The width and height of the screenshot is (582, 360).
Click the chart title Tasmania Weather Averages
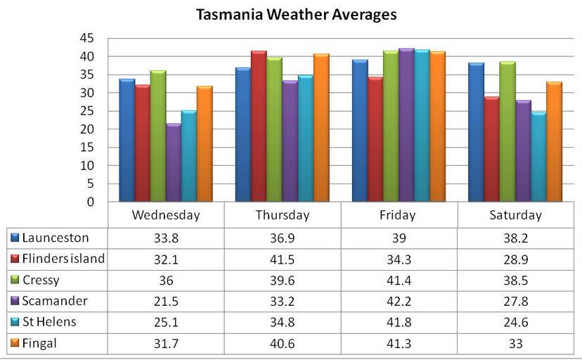click(296, 14)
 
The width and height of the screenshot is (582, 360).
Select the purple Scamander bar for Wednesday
click(173, 163)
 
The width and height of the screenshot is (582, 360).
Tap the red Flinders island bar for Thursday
click(259, 127)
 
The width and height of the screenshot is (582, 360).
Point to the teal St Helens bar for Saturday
click(538, 157)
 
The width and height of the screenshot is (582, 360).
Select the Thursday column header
click(283, 215)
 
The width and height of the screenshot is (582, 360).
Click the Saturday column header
click(515, 215)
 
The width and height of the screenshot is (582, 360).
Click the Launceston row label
click(56, 238)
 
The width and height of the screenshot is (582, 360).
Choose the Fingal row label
click(41, 343)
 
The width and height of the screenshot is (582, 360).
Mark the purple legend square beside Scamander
click(14, 301)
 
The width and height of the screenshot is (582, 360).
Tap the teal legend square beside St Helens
click(14, 322)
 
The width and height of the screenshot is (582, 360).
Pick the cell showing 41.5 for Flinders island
click(283, 259)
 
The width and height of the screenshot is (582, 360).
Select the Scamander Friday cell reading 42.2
click(399, 301)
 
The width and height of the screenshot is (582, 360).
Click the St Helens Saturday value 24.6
click(515, 322)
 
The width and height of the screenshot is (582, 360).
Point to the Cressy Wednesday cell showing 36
click(166, 280)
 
